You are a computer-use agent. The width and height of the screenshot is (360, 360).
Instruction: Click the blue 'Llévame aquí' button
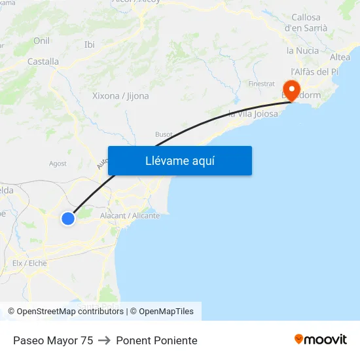click(x=179, y=160)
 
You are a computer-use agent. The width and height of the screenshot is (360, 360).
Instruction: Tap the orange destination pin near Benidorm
click(x=289, y=89)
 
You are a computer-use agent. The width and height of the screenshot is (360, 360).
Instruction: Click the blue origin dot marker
click(x=68, y=219)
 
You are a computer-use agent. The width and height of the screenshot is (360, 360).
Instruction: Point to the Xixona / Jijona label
click(x=120, y=96)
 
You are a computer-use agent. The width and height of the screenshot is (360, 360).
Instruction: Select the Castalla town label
click(x=43, y=62)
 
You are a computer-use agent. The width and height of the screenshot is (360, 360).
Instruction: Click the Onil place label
click(x=41, y=41)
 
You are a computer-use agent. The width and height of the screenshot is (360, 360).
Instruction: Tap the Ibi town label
click(x=90, y=45)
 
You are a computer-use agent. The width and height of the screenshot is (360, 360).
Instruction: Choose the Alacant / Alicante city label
click(x=130, y=215)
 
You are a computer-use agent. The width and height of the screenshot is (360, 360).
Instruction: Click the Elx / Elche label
click(x=29, y=263)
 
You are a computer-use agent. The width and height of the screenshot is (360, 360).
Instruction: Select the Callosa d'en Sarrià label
click(x=306, y=23)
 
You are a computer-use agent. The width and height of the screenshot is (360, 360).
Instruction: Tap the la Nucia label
click(x=303, y=50)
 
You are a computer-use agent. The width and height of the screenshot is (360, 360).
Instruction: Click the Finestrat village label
click(x=261, y=84)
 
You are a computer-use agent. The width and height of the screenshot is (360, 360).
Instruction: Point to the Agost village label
click(x=58, y=164)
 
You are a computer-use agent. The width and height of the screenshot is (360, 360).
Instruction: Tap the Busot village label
click(x=164, y=134)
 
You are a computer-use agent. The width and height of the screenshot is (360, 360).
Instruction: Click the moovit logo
click(x=320, y=339)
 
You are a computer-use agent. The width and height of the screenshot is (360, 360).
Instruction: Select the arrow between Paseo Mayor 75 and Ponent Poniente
click(x=105, y=340)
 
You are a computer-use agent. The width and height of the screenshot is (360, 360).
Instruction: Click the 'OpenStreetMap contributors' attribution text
click(x=70, y=312)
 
